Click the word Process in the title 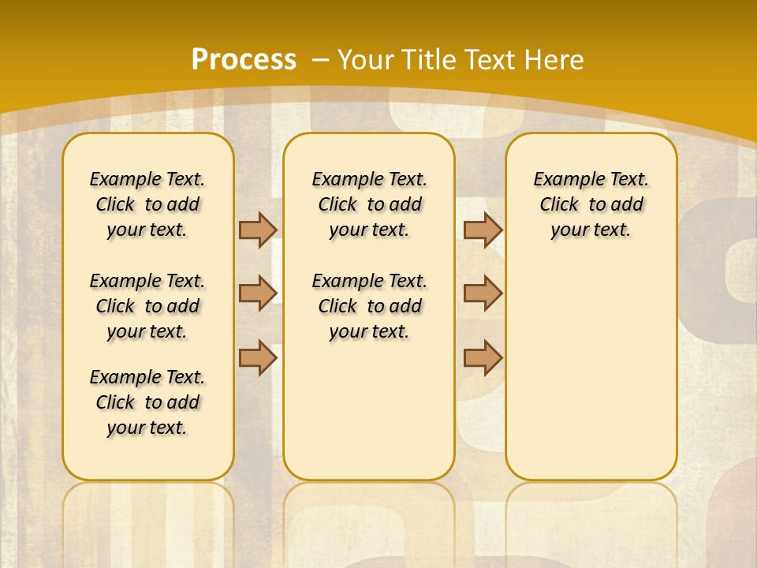tap(244, 59)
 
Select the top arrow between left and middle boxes tap(258, 230)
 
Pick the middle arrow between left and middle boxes tap(258, 293)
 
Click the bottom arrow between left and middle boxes tap(258, 357)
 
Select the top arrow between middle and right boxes tap(483, 230)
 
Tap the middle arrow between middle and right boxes tap(483, 293)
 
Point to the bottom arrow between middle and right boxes tap(483, 357)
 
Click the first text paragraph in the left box tap(147, 204)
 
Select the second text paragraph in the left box tap(147, 306)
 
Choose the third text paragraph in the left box tap(147, 402)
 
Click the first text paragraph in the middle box tap(369, 204)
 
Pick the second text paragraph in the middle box tap(369, 306)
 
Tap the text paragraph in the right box tap(591, 204)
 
